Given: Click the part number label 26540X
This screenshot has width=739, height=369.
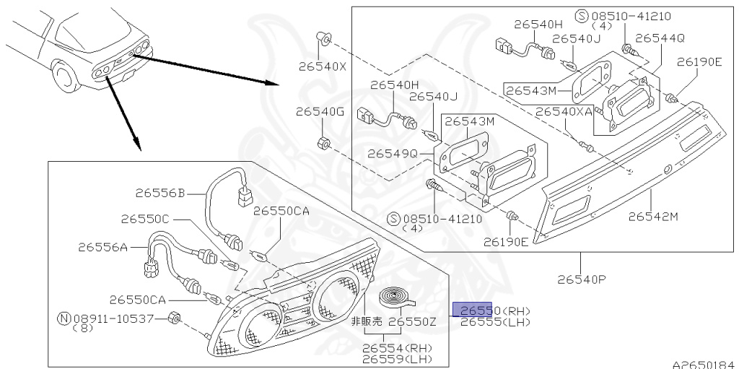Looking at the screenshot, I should [322, 66].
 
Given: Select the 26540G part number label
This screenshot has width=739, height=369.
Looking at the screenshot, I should [320, 112].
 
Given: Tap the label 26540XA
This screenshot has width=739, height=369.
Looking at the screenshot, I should [564, 112].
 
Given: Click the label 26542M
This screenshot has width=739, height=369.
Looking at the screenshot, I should [653, 216].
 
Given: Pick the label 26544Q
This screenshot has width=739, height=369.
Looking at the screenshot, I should [660, 38].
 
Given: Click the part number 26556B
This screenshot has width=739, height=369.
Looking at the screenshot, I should [159, 193].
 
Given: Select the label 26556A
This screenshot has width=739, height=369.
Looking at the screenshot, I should [102, 247].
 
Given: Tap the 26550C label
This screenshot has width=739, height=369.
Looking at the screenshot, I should [144, 219].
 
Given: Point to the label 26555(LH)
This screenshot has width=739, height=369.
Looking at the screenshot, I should [495, 322].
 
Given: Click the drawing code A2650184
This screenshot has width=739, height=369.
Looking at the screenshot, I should [704, 364].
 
